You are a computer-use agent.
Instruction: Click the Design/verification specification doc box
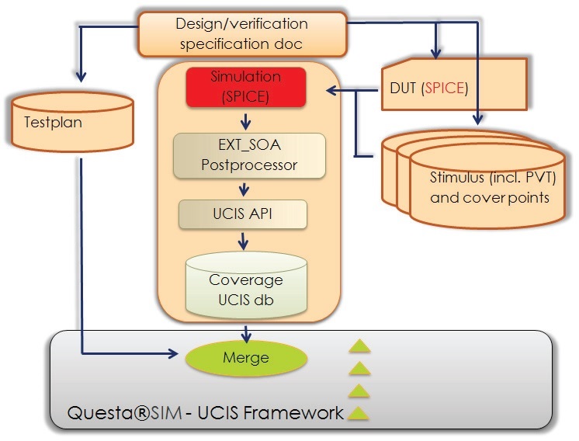(242, 34)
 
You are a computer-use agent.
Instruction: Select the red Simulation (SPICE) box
(246, 87)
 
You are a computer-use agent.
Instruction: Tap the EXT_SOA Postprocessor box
(249, 155)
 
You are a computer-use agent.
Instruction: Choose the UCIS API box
(243, 214)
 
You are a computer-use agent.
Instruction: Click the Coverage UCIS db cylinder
(246, 284)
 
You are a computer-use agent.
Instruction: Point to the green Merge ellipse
(246, 358)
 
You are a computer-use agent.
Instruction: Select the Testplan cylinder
(72, 122)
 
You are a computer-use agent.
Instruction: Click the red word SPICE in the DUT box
(445, 88)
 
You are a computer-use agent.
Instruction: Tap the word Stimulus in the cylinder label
(457, 177)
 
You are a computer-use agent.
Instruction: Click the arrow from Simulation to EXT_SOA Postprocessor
(245, 121)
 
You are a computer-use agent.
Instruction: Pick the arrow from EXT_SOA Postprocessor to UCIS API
(244, 189)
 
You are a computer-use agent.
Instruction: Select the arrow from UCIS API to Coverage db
(243, 241)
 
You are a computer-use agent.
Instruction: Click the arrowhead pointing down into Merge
(246, 336)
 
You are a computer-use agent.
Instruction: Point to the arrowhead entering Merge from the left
(173, 353)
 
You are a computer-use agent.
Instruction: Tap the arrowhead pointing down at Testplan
(81, 76)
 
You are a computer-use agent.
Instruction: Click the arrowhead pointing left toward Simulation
(332, 90)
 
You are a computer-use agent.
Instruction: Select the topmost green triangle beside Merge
(359, 346)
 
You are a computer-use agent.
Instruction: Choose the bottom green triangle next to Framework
(358, 413)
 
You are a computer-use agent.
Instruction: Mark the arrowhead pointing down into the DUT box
(436, 54)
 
